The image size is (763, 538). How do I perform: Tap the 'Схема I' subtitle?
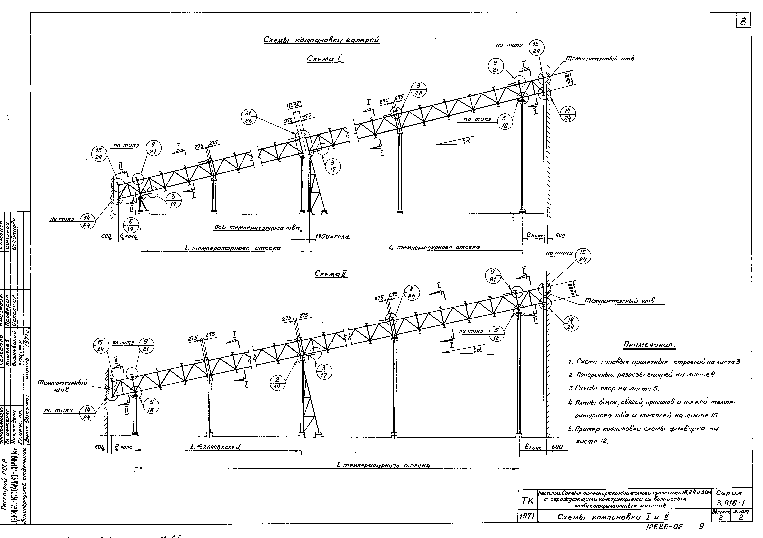pyautogui.click(x=325, y=59)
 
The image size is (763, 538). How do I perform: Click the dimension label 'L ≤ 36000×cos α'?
pyautogui.click(x=216, y=447)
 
